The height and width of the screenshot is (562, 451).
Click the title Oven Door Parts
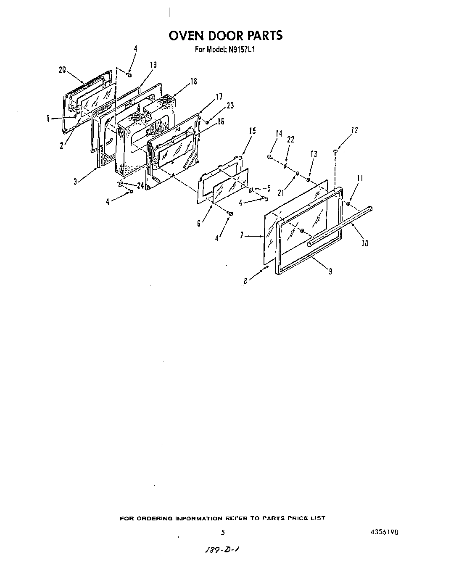pos(225,36)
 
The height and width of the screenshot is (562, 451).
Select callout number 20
pos(62,70)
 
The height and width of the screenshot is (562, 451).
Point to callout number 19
pos(153,65)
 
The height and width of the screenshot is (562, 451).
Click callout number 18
pos(193,82)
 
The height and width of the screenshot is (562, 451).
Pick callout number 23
pos(230,106)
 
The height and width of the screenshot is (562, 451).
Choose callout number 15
pos(252,131)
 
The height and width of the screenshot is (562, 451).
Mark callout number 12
pos(354,130)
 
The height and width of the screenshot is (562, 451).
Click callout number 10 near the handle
pos(364,243)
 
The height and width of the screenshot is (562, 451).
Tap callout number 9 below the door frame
pos(330,272)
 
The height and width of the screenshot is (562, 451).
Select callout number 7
pos(242,236)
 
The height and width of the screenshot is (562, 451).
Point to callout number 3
pos(75,182)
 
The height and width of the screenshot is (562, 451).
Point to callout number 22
pos(290,140)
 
